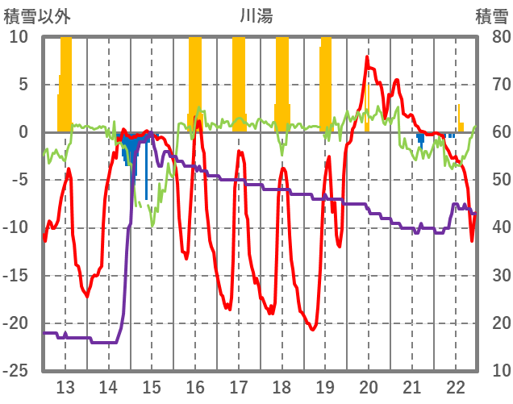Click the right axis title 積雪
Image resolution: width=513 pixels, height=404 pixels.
[x=490, y=15]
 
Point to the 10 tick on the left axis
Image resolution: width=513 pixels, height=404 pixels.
[x=19, y=37]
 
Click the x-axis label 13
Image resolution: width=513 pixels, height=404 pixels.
[x=65, y=386]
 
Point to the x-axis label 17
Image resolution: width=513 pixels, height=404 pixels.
[x=239, y=386]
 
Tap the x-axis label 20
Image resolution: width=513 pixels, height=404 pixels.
[x=369, y=386]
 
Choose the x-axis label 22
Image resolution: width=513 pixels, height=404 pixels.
[x=456, y=386]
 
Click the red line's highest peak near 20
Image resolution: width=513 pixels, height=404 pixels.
[x=367, y=57]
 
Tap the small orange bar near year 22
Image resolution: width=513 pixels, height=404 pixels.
[x=460, y=126]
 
